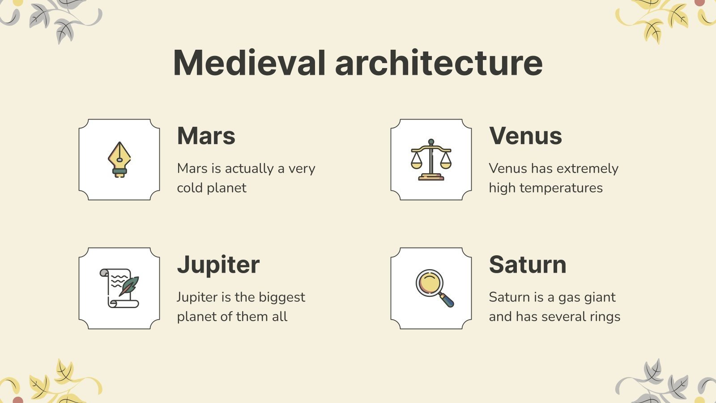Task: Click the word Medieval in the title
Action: click(249, 63)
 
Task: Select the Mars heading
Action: click(206, 136)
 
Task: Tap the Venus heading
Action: click(525, 136)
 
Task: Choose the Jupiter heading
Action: click(218, 264)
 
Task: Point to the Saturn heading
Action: click(527, 264)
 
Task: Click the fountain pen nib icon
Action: click(119, 159)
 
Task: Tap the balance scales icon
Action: click(431, 159)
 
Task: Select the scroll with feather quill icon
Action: click(119, 288)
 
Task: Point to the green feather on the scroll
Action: click(129, 285)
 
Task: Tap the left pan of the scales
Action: click(416, 164)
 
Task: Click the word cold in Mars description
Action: click(190, 188)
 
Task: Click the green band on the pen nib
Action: click(119, 171)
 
